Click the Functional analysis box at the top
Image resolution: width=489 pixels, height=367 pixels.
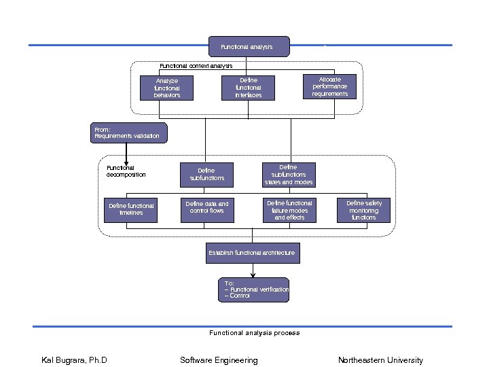(x=249, y=47)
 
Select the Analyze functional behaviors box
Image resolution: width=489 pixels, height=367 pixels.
(x=166, y=88)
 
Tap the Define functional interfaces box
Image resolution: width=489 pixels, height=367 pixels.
(x=248, y=88)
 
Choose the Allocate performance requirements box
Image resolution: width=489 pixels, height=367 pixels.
(x=329, y=86)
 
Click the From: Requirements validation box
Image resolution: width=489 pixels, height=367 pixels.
(x=128, y=133)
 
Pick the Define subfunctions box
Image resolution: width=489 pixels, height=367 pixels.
(x=206, y=175)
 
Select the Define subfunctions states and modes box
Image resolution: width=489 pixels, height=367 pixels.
(x=289, y=175)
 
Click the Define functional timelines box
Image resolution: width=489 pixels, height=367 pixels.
(x=132, y=209)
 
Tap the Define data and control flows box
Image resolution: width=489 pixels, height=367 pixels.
(x=207, y=208)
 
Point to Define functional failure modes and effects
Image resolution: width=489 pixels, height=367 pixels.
(x=289, y=210)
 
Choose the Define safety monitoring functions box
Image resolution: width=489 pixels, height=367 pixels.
(x=364, y=210)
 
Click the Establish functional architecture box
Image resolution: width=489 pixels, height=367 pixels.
(x=252, y=253)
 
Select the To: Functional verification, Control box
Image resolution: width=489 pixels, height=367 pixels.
(x=253, y=290)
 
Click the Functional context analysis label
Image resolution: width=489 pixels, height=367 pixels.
(x=196, y=66)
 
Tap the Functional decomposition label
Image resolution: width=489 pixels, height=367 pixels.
(x=126, y=171)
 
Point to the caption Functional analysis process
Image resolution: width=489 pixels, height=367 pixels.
(x=254, y=333)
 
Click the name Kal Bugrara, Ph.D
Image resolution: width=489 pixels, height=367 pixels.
(x=75, y=360)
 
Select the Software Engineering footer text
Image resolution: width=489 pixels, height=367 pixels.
(x=219, y=360)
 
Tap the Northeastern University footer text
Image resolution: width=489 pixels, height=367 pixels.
(x=380, y=360)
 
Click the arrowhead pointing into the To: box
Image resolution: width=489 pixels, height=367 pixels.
(x=253, y=275)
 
